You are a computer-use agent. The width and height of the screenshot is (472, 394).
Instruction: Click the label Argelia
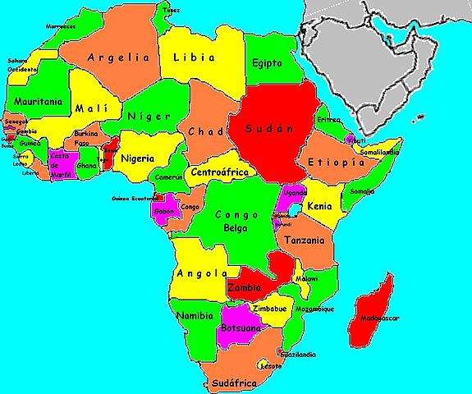[119, 58]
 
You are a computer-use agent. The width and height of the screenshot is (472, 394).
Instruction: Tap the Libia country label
[193, 58]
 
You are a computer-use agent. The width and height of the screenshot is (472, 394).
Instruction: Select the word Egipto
[268, 62]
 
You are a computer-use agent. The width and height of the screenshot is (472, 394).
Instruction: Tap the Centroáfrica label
[218, 173]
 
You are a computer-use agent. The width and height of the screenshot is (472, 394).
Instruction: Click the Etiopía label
[335, 163]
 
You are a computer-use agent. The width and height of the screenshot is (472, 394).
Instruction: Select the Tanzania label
[305, 241]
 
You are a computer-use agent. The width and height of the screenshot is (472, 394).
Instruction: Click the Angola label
[199, 273]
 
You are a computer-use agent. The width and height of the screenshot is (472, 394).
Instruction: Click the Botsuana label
[241, 328]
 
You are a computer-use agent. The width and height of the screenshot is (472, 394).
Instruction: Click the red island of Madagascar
[370, 308]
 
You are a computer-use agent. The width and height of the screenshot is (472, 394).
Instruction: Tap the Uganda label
[294, 192]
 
